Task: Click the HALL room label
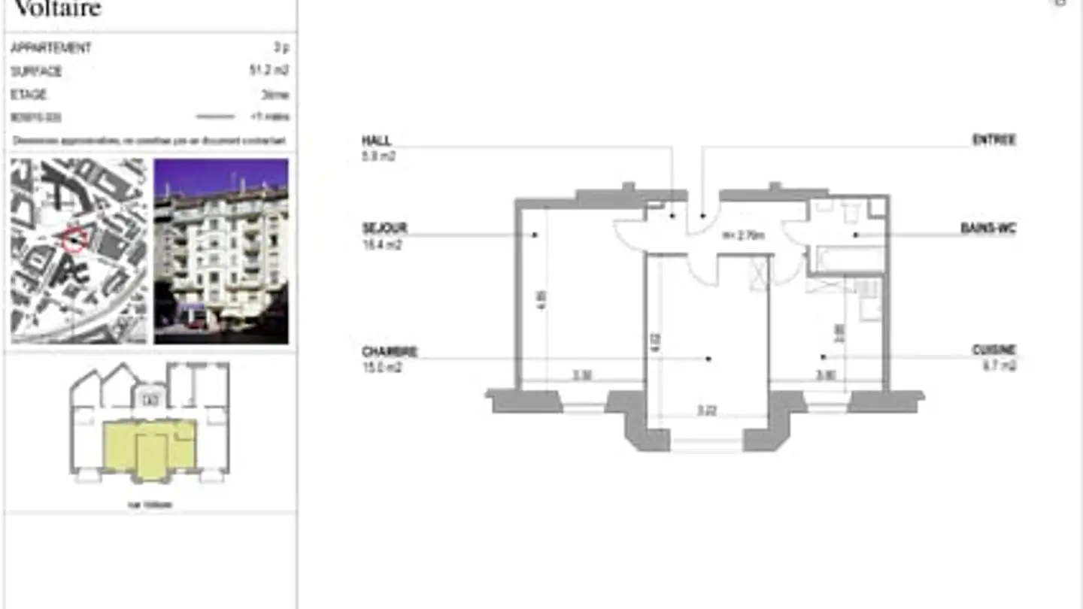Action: coord(376,141)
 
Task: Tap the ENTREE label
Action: coord(994,141)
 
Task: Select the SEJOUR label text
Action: coord(384,229)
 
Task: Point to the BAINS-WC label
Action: coord(987,229)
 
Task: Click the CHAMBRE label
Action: coord(389,352)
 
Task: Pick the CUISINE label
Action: coord(994,350)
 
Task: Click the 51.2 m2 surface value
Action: coord(269,71)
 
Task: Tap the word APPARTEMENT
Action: coord(50,47)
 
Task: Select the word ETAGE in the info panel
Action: coord(29,95)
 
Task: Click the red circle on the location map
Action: coord(74,239)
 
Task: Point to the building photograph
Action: coord(221,251)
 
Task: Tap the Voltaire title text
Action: coord(57,9)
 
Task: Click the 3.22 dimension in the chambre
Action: coord(706,411)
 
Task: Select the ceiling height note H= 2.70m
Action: coord(743,235)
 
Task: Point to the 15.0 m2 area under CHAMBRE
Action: coord(381,368)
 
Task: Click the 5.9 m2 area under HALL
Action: coord(378,157)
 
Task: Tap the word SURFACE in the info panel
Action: coord(36,71)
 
